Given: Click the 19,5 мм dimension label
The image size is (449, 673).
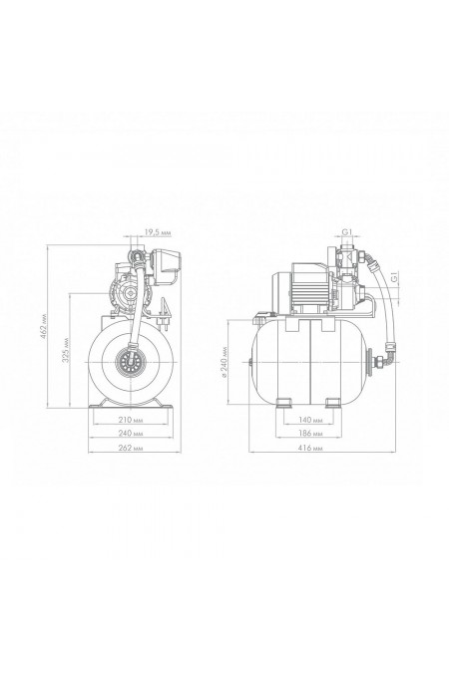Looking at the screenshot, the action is (x=158, y=232).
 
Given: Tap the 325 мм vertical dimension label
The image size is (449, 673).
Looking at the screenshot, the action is (x=65, y=350).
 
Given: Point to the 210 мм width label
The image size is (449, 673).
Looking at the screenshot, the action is (x=130, y=420).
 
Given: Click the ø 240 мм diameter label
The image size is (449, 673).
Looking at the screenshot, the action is (x=224, y=361).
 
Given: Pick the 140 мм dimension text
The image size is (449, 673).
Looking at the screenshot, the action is (x=310, y=420).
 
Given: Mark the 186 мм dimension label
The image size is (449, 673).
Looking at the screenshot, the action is (x=310, y=434).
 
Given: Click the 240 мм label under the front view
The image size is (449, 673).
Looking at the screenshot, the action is (x=130, y=434).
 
